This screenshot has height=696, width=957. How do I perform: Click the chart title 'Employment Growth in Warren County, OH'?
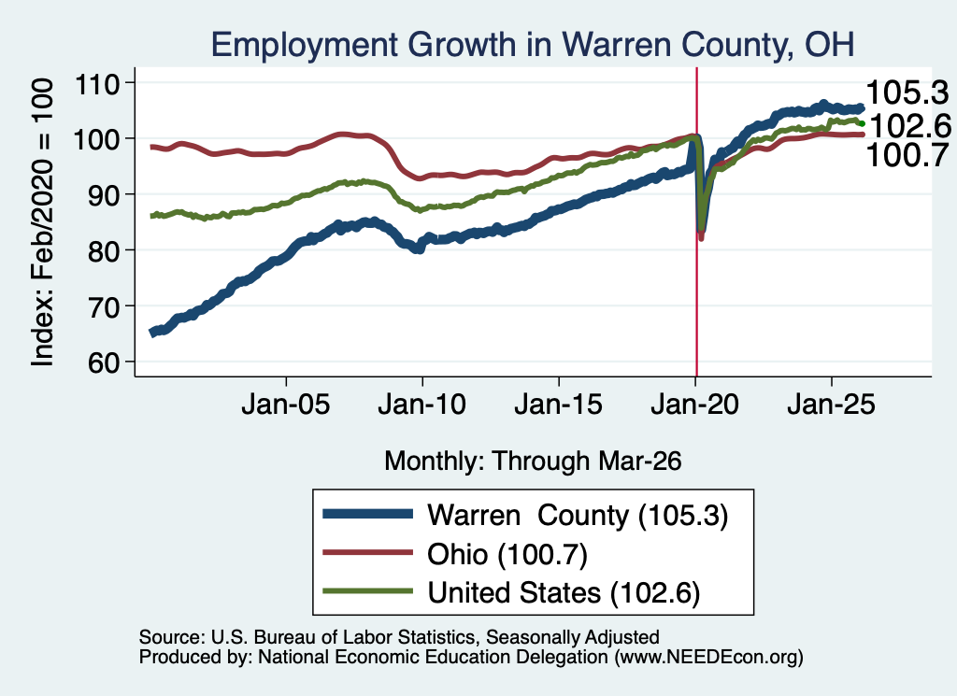(532, 45)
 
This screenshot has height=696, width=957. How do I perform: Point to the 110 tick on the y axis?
(96, 83)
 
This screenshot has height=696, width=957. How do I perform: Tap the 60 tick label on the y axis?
(103, 362)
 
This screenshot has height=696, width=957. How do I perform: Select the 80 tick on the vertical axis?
(103, 250)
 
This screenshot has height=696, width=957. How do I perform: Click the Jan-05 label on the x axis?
(286, 405)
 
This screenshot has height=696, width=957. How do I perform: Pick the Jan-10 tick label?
(421, 405)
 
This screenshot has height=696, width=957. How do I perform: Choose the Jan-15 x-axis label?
(559, 405)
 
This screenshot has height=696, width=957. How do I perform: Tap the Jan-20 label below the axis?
(694, 405)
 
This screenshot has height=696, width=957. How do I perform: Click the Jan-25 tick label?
(831, 405)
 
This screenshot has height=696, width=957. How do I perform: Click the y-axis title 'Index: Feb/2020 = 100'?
(42, 222)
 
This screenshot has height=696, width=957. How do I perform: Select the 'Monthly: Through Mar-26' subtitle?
(533, 462)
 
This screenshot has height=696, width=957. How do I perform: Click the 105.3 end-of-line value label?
(907, 93)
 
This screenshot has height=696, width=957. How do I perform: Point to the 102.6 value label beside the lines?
(910, 127)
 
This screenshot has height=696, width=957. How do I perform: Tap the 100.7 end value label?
(907, 155)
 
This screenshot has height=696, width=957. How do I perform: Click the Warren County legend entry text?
(578, 516)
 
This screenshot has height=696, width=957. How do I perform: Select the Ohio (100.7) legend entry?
(507, 555)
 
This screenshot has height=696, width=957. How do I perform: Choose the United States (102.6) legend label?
(564, 593)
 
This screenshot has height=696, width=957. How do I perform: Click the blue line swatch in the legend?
(368, 514)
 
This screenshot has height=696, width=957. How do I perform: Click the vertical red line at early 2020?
(696, 221)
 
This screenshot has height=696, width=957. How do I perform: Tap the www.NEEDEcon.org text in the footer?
(708, 657)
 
